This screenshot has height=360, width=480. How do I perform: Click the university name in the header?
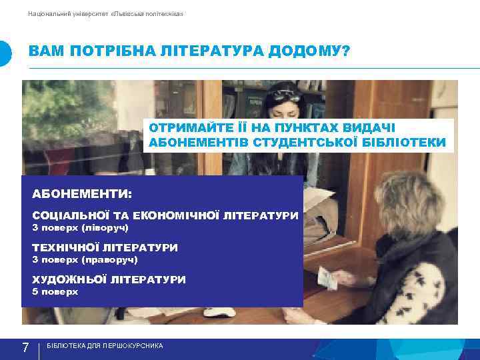click(106, 14)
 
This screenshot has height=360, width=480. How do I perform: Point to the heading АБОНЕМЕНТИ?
click(82, 194)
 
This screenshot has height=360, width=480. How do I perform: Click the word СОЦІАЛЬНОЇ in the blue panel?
click(73, 216)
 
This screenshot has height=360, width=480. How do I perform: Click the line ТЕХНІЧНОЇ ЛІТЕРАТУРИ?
click(105, 247)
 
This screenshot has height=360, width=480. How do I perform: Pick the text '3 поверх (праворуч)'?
click(85, 259)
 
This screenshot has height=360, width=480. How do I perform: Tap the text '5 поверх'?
click(55, 291)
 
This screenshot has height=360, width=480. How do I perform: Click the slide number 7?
click(25, 347)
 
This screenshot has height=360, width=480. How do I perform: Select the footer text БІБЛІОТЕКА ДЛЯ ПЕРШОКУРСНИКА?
click(105, 347)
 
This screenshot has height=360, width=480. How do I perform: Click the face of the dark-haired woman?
click(280, 106)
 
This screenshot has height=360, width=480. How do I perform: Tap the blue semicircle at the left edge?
click(5, 53)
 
